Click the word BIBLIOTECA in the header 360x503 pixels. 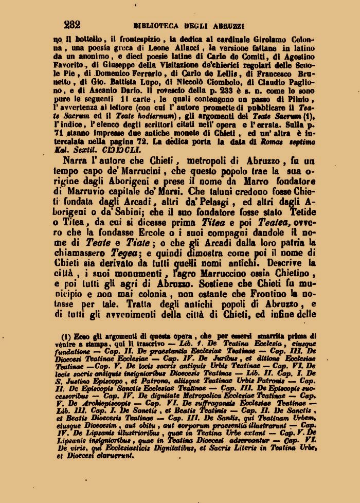click(154, 25)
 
